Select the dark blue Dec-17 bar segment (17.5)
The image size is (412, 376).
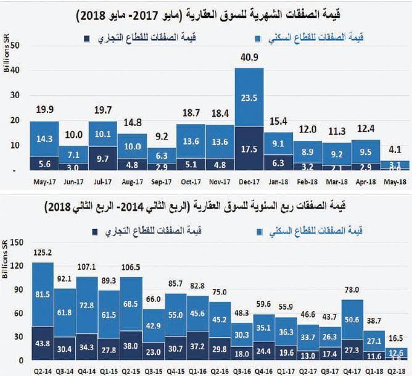249,149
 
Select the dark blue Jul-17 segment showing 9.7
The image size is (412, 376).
102,159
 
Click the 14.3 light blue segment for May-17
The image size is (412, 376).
44,139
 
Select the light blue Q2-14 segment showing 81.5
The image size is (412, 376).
43,295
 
